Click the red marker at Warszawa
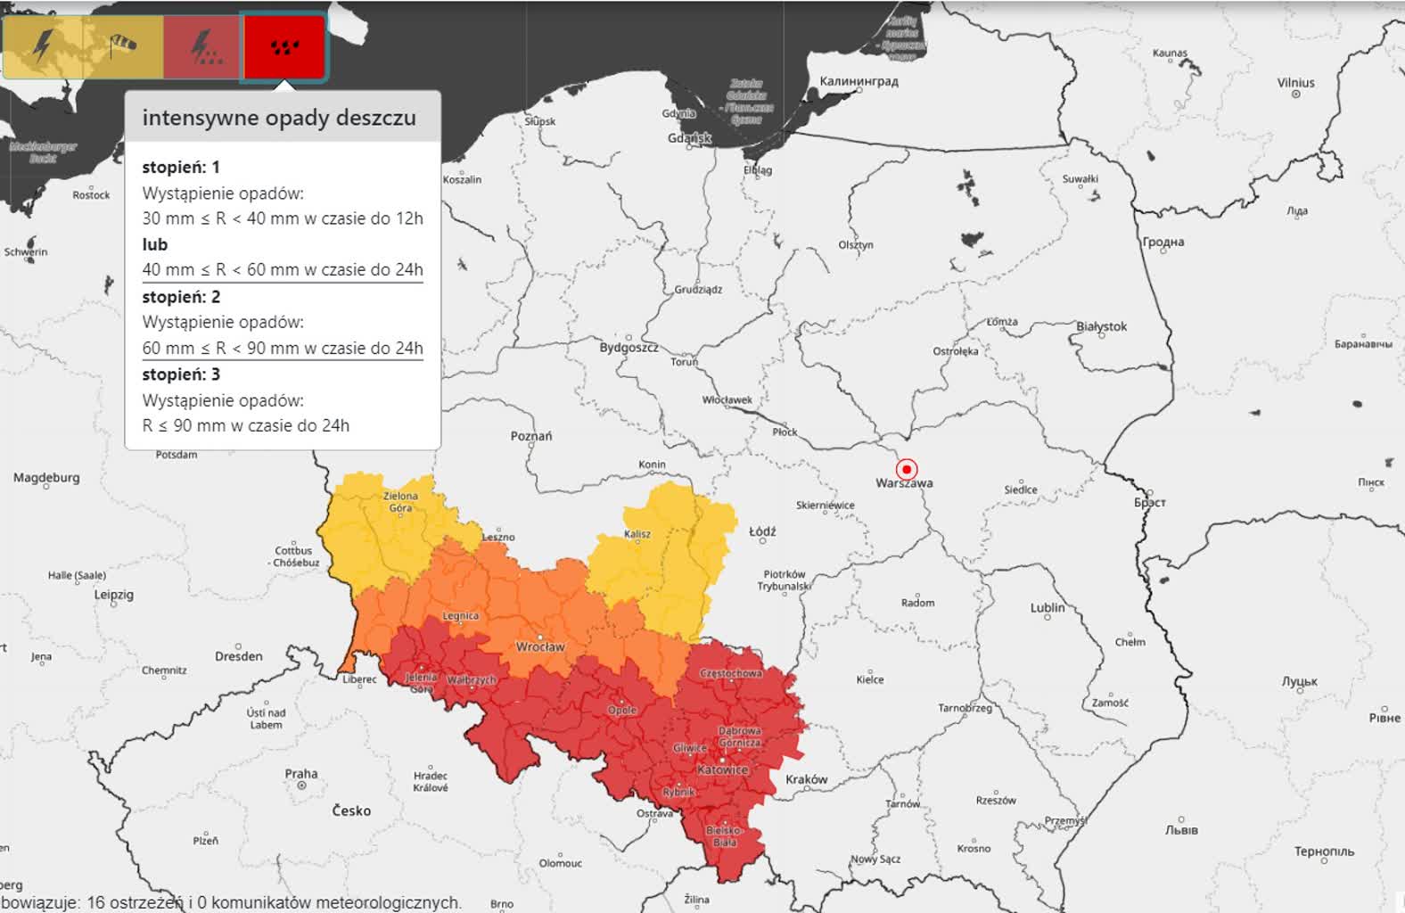pos(906,469)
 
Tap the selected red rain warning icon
pos(284,46)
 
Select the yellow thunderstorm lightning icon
pos(43,45)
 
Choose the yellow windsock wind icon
pos(122,45)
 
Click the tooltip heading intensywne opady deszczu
pos(279,118)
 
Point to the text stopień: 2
pos(181,297)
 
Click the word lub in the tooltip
pos(155,244)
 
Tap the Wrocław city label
pos(540,646)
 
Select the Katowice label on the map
pos(722,769)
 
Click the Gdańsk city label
pos(689,138)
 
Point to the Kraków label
pos(806,779)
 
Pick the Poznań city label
pos(531,436)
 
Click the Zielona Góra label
pos(400,502)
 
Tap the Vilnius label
pos(1295,83)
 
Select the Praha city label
pos(301,774)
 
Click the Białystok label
pos(1101,326)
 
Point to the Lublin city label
pos(1048,607)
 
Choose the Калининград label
pos(859,81)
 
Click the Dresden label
pos(239,656)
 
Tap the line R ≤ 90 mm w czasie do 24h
pos(246,425)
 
